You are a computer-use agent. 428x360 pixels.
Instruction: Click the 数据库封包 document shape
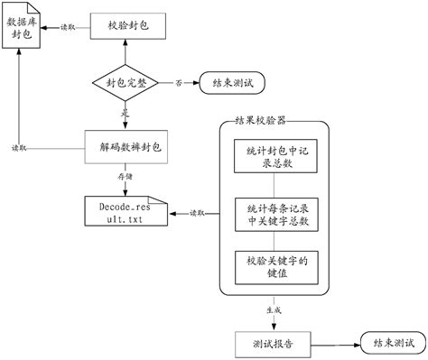(x=23, y=34)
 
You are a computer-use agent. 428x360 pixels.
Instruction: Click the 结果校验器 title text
(x=262, y=120)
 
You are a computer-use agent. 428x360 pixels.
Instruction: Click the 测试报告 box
(x=271, y=343)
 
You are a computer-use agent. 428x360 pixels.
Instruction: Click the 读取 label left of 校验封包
(x=67, y=27)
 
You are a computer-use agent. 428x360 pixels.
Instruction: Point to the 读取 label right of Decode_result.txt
(x=195, y=213)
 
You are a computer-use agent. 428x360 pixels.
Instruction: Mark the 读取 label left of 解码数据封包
(x=19, y=146)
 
